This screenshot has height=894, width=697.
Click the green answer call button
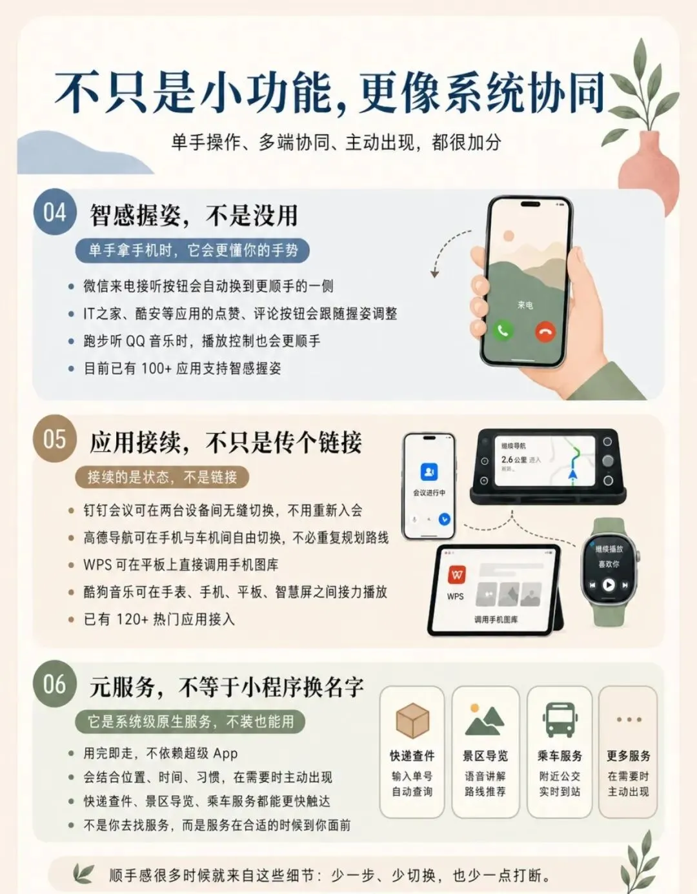503,330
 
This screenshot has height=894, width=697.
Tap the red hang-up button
546,332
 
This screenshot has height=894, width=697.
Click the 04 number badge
55,212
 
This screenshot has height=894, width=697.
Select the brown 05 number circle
55,439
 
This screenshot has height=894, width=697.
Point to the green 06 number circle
55,684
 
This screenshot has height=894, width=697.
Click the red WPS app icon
456,574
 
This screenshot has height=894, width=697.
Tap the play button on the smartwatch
609,585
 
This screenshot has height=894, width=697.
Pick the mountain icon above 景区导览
485,720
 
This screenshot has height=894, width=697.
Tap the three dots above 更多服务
629,720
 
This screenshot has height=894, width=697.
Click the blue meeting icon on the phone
429,471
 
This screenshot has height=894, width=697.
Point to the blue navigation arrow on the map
573,474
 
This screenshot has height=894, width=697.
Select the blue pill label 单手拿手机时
192,250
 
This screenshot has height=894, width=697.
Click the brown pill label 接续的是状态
162,477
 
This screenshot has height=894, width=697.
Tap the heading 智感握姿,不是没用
193,215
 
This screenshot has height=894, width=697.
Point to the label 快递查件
412,756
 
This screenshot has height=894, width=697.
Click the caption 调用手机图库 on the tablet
496,620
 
